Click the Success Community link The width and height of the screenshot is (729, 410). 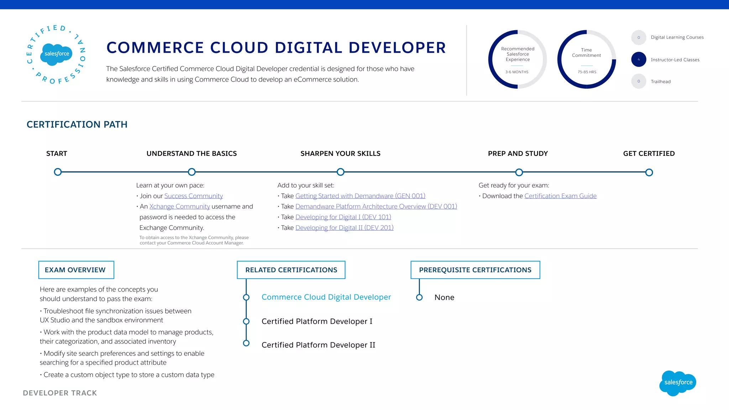[193, 196]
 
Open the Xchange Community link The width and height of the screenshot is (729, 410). [179, 207]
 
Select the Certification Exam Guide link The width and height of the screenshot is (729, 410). [560, 196]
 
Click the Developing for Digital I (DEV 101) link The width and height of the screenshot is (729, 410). [343, 217]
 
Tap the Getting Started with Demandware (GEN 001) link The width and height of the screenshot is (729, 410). [360, 196]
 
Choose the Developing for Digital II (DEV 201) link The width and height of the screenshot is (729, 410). [344, 228]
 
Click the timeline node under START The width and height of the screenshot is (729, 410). [58, 172]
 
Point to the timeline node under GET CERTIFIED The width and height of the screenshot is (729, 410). [649, 173]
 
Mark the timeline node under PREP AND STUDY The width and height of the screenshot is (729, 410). [519, 173]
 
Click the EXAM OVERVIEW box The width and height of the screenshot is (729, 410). [76, 270]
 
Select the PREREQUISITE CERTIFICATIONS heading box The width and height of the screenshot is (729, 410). [475, 270]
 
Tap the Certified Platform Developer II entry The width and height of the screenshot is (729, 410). [318, 345]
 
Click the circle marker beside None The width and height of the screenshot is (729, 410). [419, 297]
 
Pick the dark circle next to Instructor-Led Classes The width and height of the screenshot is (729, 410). [639, 59]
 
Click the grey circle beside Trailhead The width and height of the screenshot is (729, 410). [639, 81]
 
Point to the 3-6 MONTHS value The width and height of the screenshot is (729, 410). [517, 72]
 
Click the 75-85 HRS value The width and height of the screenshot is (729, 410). [587, 72]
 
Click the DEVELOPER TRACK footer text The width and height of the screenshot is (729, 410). [60, 393]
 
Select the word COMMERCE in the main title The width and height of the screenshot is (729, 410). [155, 48]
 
